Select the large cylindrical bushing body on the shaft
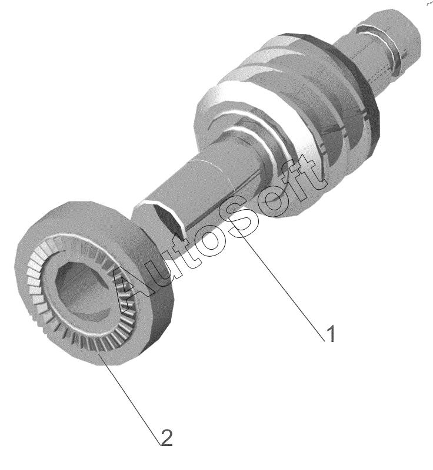coord(285,132)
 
